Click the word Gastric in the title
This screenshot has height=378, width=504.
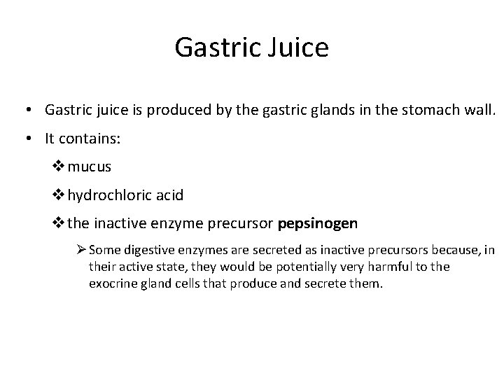click(x=217, y=48)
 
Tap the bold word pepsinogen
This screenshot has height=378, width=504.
click(x=318, y=224)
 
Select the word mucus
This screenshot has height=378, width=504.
click(x=90, y=168)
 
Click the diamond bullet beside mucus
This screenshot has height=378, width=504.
click(x=59, y=168)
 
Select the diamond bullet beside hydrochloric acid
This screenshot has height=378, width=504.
click(x=59, y=196)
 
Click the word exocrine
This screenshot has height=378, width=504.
click(x=112, y=284)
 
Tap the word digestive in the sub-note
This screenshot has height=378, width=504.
click(x=150, y=249)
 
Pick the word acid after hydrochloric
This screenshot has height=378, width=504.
click(x=169, y=196)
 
